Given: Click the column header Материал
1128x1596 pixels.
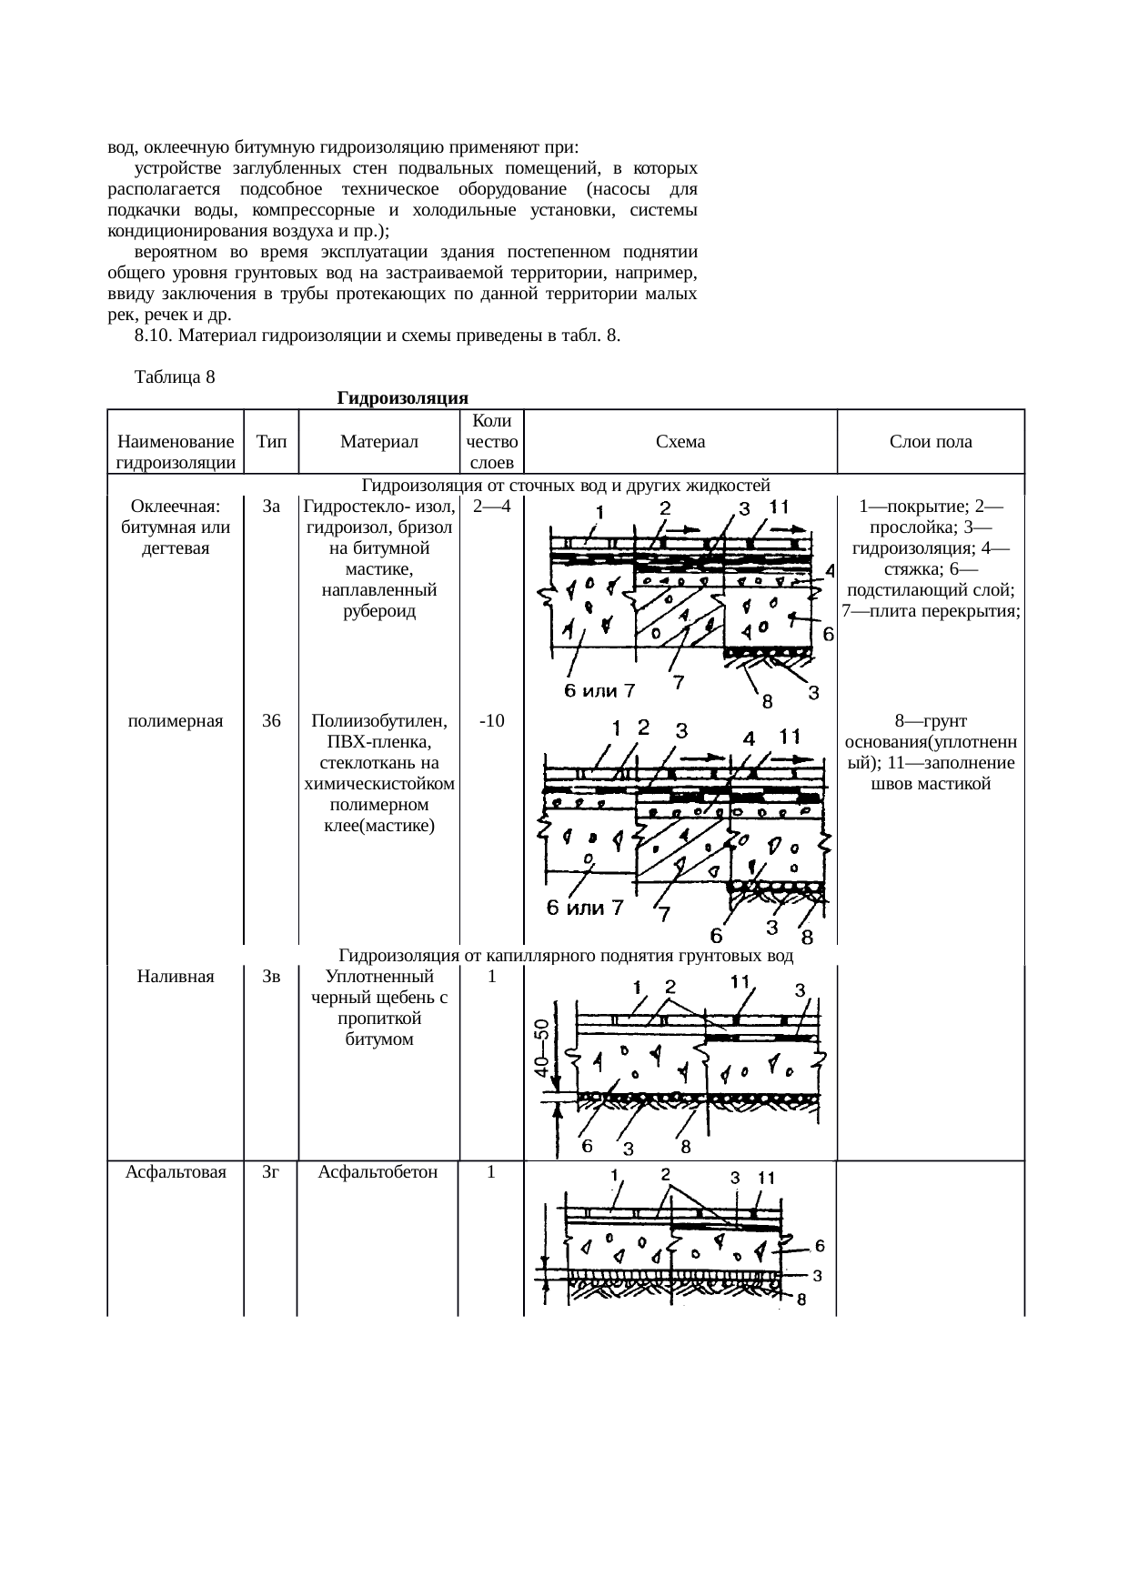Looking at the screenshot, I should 378,442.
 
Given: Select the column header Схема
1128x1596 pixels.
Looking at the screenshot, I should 680,442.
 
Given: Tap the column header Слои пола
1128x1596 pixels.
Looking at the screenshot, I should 931,442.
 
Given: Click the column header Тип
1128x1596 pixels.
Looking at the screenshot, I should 271,442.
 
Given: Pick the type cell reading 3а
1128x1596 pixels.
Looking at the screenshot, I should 271,507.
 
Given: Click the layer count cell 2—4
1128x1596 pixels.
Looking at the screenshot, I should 492,507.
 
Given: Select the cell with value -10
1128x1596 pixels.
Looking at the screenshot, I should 491,721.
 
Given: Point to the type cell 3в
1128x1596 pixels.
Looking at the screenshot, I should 271,977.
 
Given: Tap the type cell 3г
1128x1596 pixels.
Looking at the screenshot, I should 270,1172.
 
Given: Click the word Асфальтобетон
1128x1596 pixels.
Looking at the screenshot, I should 378,1172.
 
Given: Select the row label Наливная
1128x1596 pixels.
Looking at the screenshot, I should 176,977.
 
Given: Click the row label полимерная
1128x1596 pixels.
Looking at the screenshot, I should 176,721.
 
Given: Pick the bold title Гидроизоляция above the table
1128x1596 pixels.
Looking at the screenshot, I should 402,398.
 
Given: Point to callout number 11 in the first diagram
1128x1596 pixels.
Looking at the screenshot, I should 780,506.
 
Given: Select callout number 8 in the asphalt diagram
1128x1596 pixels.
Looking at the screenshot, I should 801,1300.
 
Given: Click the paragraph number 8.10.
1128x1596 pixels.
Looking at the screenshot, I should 153,336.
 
